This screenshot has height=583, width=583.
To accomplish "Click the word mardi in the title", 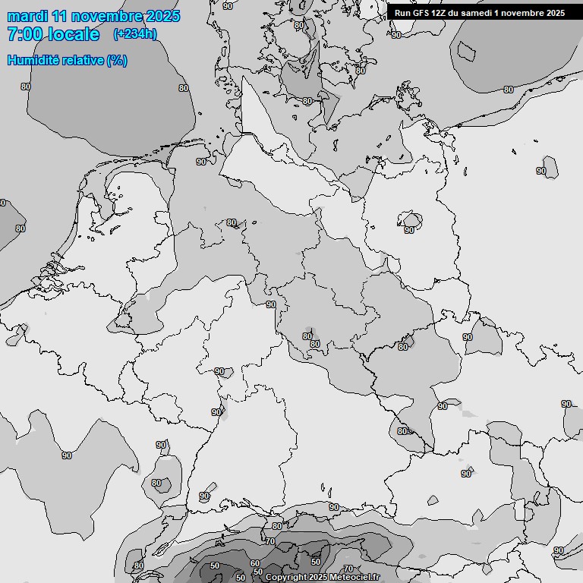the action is (x=28, y=17).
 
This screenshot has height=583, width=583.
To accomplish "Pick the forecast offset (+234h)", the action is (x=135, y=34).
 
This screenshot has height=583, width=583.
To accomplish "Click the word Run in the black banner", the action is (x=403, y=13).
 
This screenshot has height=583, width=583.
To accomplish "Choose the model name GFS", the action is (x=421, y=13).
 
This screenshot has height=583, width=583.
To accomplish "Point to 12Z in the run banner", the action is (x=440, y=13).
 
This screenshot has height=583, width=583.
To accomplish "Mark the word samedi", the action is (x=477, y=13).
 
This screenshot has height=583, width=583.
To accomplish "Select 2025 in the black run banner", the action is (x=555, y=13).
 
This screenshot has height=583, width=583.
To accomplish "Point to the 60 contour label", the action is (x=255, y=563).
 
